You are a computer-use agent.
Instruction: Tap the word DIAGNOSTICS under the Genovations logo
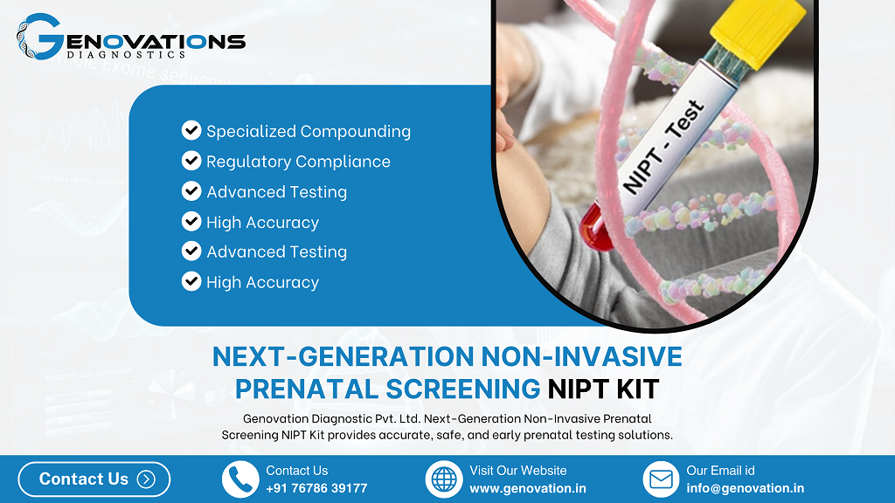click(x=126, y=54)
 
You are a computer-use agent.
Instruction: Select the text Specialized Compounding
click(x=308, y=132)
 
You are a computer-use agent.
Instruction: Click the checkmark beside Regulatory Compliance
click(x=191, y=161)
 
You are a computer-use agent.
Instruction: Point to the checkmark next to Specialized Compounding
click(x=191, y=131)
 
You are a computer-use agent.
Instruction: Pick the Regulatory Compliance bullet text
click(x=298, y=162)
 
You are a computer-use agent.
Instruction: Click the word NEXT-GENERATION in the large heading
click(x=343, y=357)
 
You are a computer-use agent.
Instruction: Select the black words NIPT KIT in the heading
click(x=603, y=388)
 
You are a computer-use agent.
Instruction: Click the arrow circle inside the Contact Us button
click(x=146, y=479)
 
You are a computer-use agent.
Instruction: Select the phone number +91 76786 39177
click(x=316, y=488)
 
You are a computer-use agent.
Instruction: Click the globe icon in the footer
click(x=444, y=479)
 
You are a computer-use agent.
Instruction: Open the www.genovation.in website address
click(x=528, y=488)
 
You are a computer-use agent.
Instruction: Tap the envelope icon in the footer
click(x=661, y=479)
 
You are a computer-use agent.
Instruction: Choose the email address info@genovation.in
click(x=745, y=488)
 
